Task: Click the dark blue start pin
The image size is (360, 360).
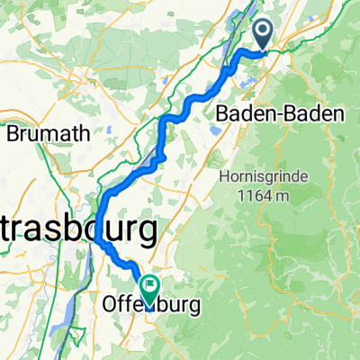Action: tap(264, 36)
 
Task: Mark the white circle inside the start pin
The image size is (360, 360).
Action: tap(264, 32)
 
